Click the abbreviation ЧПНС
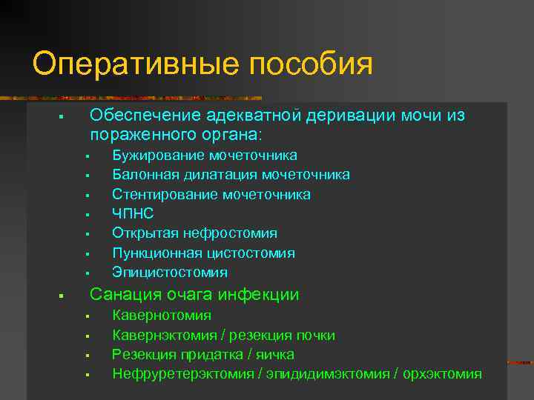click(x=132, y=213)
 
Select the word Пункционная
click(x=155, y=253)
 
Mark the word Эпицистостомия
click(x=170, y=273)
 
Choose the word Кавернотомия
click(x=161, y=316)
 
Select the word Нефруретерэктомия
click(x=182, y=374)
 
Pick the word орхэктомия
click(x=442, y=374)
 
